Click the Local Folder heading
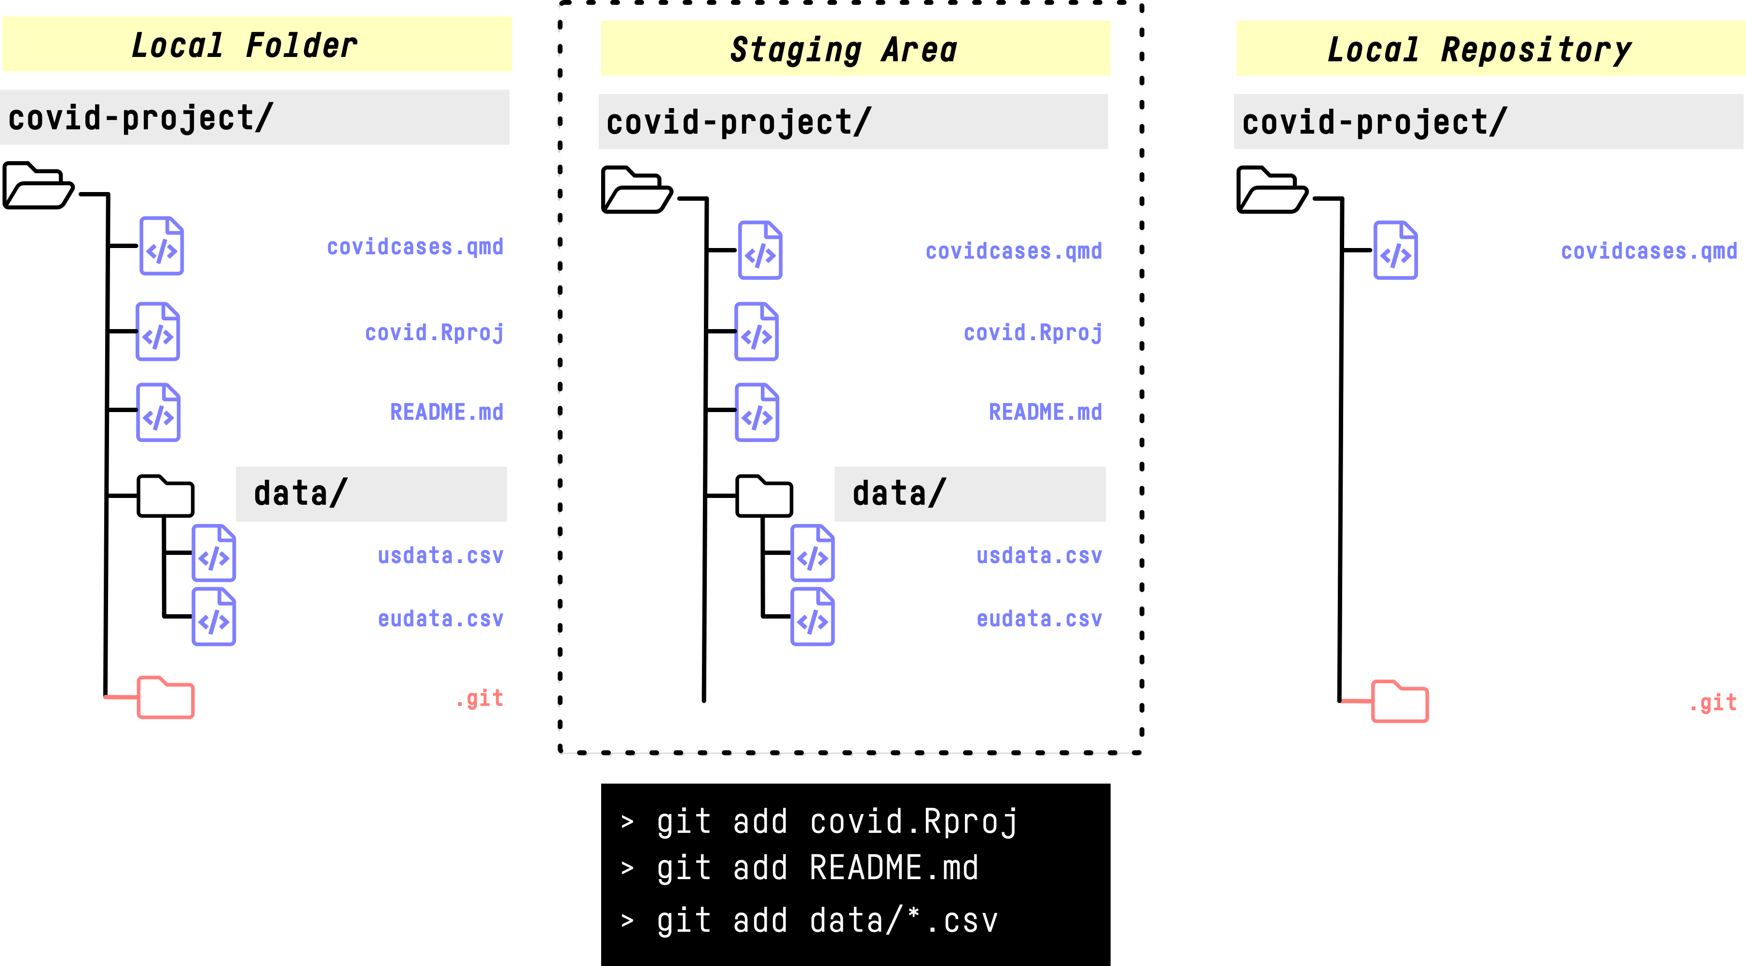pos(244,45)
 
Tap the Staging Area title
pos(843,50)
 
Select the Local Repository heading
pos(1479,50)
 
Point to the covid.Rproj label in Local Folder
pos(434,333)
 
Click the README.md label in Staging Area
pos(1045,412)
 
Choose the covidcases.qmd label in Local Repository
pos(1649,251)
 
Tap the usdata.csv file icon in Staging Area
pos(812,553)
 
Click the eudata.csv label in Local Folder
pos(440,619)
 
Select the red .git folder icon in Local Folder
pos(165,698)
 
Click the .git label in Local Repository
pos(1713,702)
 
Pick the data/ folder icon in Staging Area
pos(764,496)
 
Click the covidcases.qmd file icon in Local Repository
pos(1396,250)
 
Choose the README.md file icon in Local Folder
pos(159,412)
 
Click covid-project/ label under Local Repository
pos(1375,123)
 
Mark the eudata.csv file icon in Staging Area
pos(812,617)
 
